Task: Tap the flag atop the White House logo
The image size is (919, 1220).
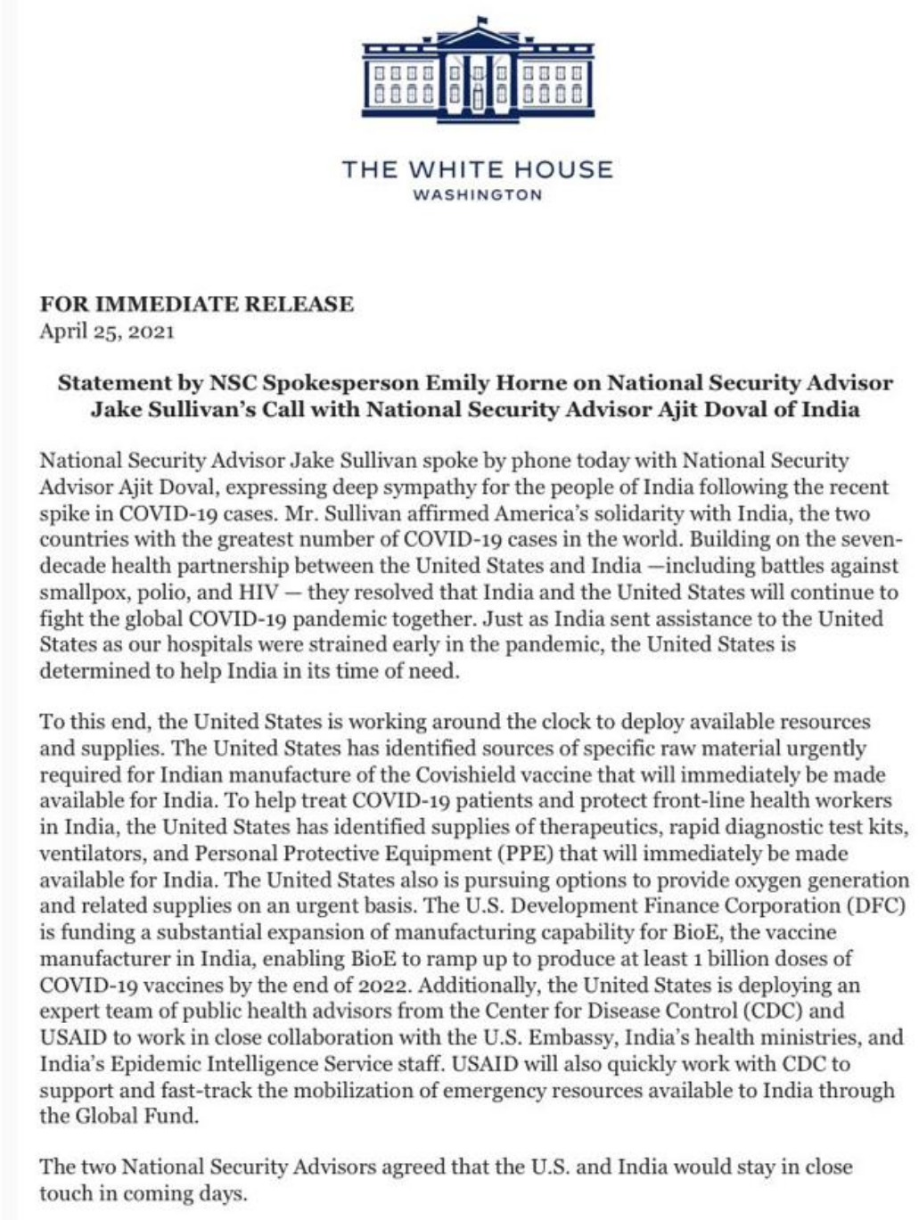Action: pyautogui.click(x=482, y=19)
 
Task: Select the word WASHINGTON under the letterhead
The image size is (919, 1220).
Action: pyautogui.click(x=478, y=195)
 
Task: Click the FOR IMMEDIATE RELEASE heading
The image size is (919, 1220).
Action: pyautogui.click(x=196, y=304)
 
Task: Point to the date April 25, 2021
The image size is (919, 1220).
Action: pyautogui.click(x=107, y=332)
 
